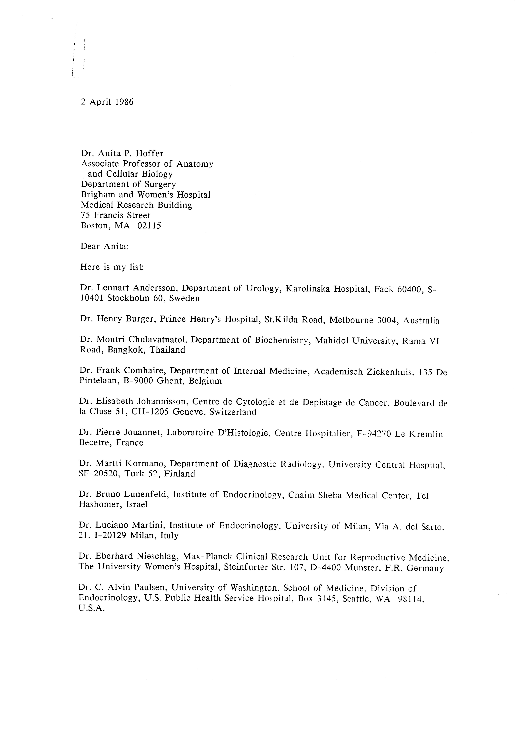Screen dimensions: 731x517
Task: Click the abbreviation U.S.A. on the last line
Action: click(x=91, y=608)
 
